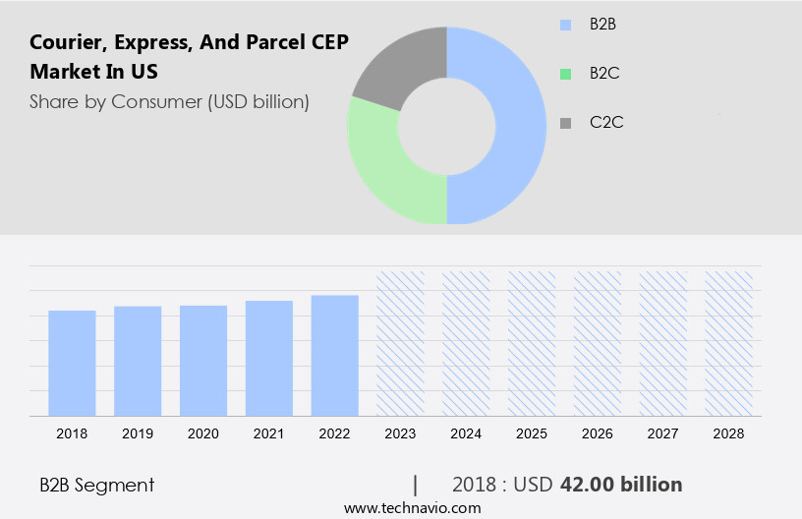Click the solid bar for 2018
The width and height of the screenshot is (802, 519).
coord(72,363)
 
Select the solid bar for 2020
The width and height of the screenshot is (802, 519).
coord(203,361)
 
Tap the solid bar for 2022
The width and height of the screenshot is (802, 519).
coord(335,355)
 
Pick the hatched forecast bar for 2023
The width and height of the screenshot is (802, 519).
coord(401,343)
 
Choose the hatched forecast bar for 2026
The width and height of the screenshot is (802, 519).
coord(598,343)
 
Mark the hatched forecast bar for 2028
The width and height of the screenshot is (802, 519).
coord(729,343)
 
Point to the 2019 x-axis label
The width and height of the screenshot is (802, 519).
coord(138,433)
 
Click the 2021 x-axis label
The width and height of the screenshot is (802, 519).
coord(269,433)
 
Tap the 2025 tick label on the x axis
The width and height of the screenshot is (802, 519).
coord(532,433)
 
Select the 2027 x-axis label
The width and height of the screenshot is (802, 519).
coord(663,433)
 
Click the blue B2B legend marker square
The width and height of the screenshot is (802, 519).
coord(565,25)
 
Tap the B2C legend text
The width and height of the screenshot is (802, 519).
coord(604,73)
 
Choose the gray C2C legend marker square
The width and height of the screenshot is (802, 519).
coord(565,123)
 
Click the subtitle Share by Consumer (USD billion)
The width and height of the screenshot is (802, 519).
coord(169,101)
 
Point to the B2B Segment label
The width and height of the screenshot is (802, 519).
coord(96,485)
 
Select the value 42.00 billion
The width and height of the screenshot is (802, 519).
coord(621,485)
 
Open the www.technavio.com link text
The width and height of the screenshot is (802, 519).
coord(412,508)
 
